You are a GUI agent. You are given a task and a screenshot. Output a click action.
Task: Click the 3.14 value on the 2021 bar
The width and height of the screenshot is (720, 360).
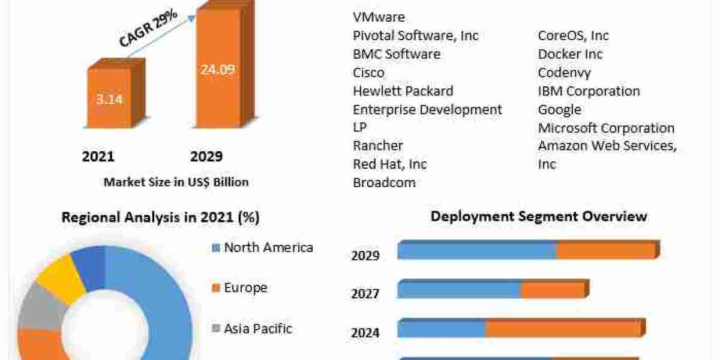tap(109, 99)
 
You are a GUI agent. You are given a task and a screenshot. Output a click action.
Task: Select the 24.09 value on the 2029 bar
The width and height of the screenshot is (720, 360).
tap(218, 70)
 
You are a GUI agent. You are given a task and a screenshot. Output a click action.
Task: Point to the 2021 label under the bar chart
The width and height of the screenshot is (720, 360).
tap(98, 157)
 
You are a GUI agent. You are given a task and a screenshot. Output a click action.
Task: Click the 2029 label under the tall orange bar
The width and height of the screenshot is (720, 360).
tap(206, 157)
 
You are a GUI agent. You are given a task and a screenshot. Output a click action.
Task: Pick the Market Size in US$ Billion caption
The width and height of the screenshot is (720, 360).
tap(176, 182)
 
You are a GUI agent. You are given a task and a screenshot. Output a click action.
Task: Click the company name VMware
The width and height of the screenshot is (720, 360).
tap(379, 17)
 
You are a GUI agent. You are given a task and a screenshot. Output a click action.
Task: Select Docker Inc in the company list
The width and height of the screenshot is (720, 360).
tap(570, 54)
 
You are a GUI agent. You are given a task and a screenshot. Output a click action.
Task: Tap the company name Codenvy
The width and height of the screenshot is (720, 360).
tap(564, 73)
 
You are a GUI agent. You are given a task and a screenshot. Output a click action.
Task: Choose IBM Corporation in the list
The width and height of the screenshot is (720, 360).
tap(589, 91)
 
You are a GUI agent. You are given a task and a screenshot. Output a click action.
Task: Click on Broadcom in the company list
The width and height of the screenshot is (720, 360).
tap(384, 182)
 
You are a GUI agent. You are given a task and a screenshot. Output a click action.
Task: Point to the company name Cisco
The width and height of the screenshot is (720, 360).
tap(368, 73)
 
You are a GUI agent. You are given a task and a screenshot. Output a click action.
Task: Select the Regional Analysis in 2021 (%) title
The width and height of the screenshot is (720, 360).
tap(161, 217)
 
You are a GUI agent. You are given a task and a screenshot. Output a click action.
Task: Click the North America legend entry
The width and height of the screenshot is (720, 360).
tap(268, 247)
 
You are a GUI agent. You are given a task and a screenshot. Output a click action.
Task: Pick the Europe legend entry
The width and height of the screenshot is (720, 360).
tap(245, 288)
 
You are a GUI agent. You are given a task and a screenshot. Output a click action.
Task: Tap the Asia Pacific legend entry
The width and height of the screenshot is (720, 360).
tap(258, 329)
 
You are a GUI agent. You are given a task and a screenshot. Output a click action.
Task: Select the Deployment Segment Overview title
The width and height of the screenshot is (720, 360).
tap(539, 216)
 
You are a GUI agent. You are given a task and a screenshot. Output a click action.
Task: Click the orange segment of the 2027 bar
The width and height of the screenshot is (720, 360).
tap(552, 290)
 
